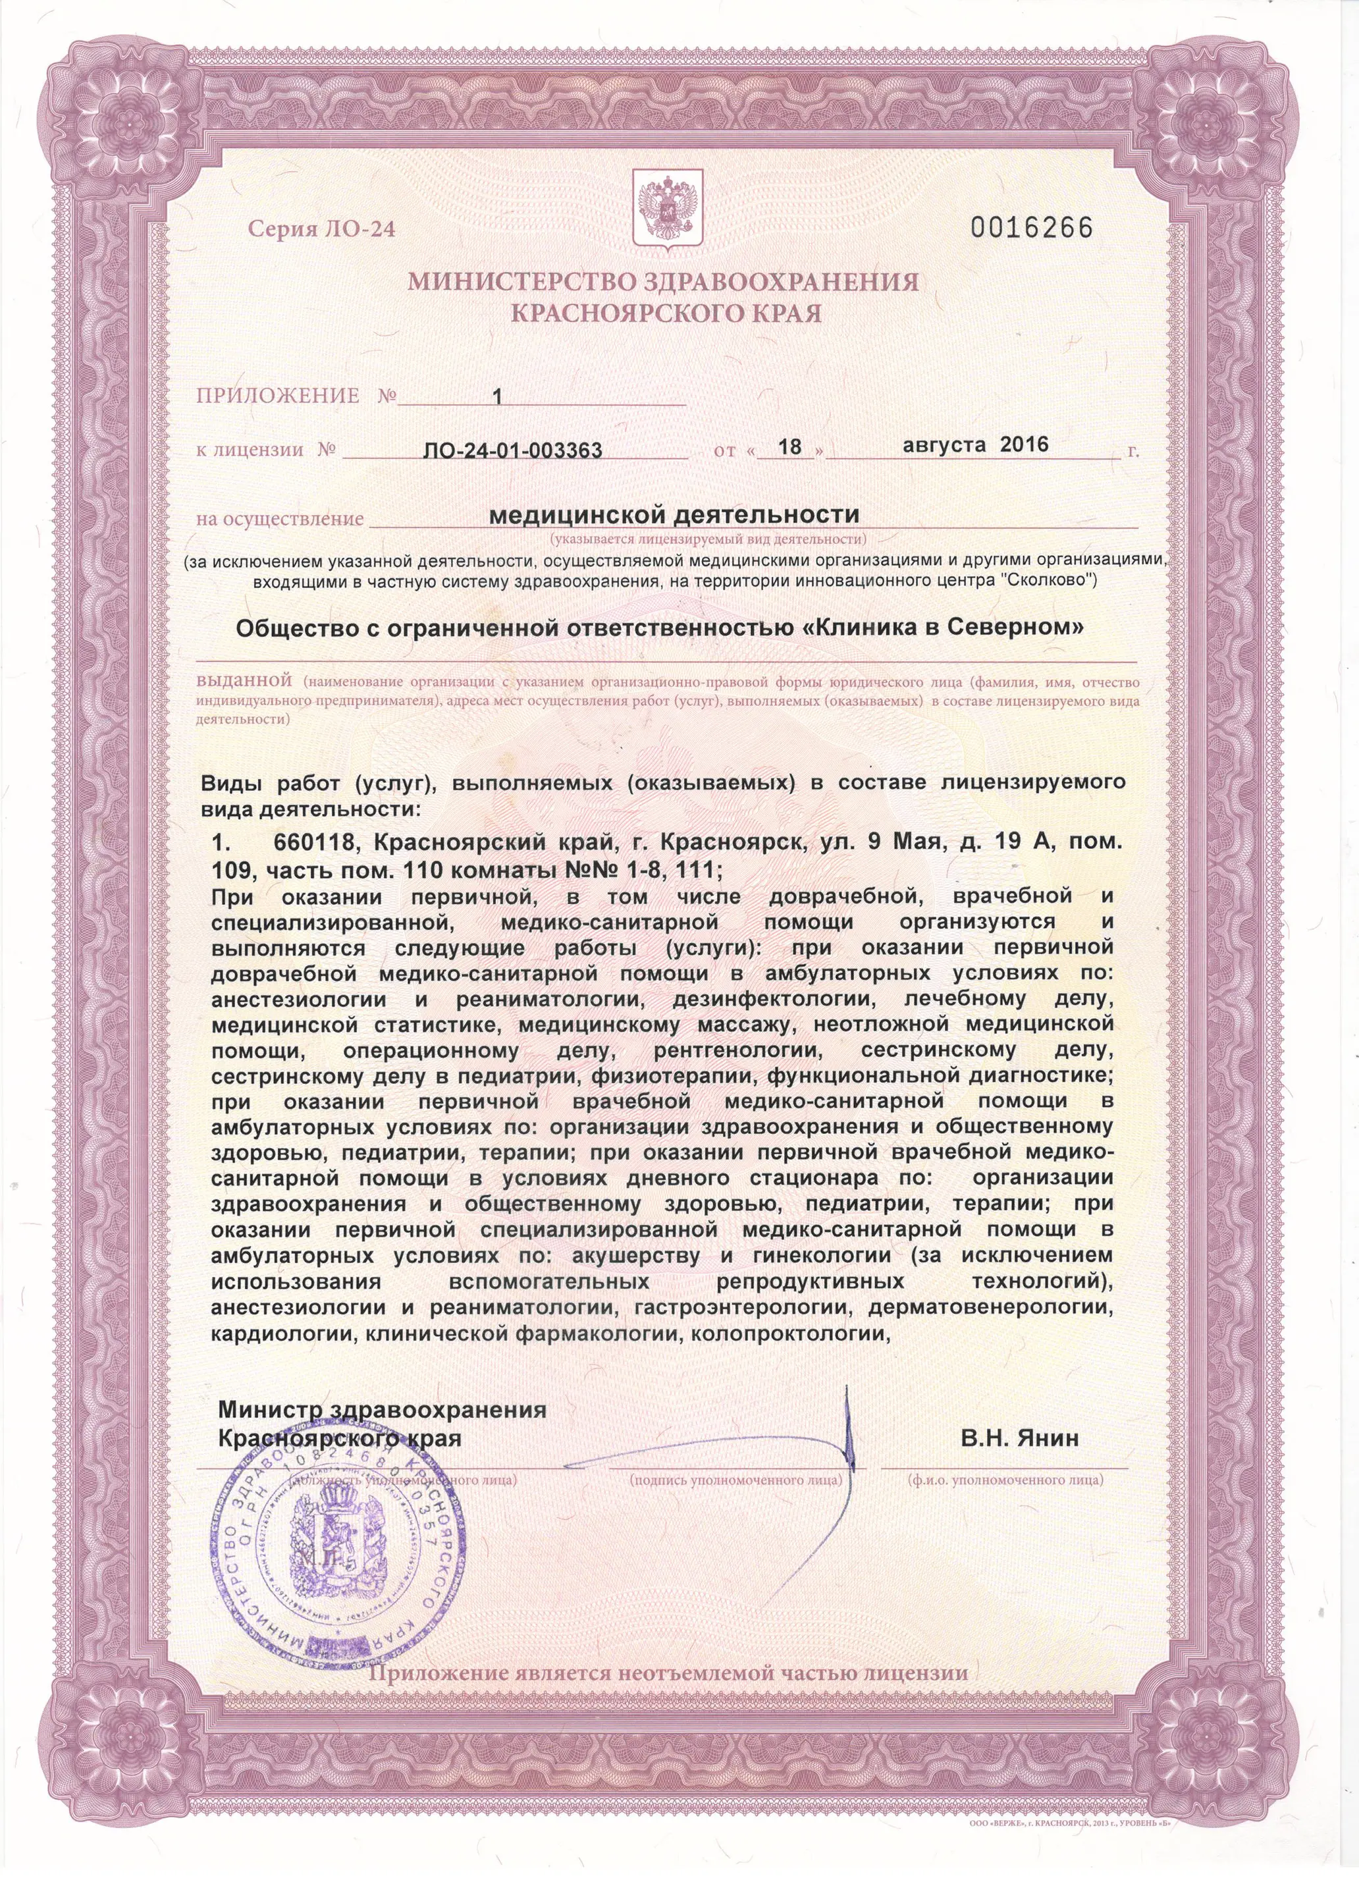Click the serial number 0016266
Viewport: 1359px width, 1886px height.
click(x=1031, y=228)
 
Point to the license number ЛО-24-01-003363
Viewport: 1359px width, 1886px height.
click(x=512, y=450)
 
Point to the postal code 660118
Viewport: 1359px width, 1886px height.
click(x=315, y=843)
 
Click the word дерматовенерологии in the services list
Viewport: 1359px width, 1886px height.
click(x=990, y=1307)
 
